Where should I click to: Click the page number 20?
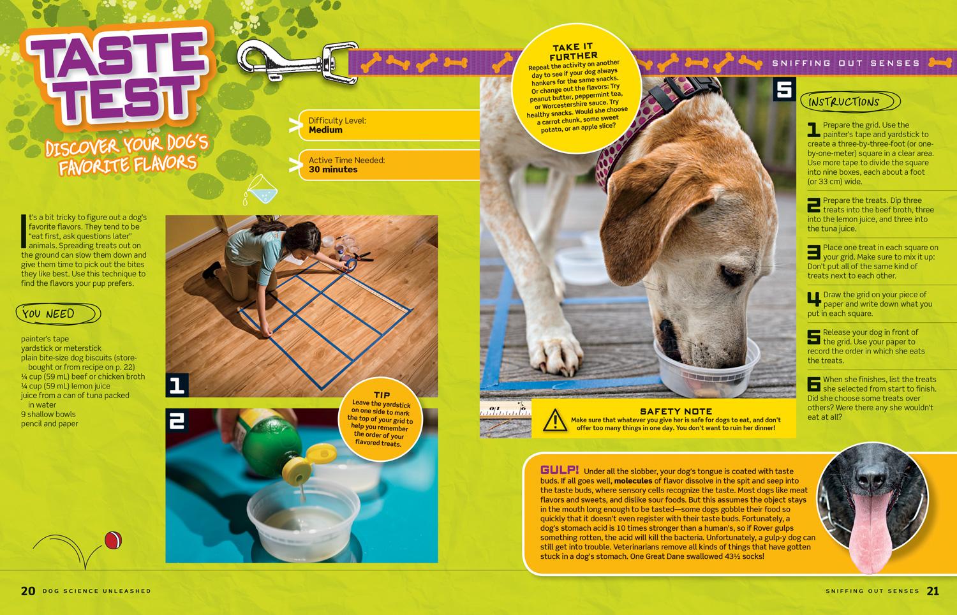coord(28,591)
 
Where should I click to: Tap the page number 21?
coord(933,591)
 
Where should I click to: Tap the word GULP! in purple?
coord(560,470)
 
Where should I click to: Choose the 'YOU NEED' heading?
coord(48,313)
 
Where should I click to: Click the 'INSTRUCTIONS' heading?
coord(844,101)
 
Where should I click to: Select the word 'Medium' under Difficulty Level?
coord(325,130)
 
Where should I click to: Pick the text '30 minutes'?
coord(333,169)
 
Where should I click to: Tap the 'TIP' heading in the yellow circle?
coord(382,395)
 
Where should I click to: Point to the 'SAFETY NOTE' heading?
coord(676,411)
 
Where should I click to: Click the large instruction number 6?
coord(813,384)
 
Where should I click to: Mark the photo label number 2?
coord(177,420)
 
